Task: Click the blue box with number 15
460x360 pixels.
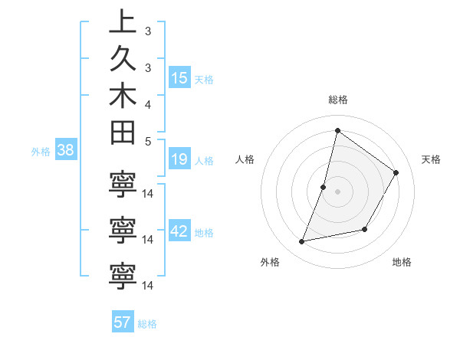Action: [x=179, y=78]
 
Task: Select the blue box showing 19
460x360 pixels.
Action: [x=179, y=159]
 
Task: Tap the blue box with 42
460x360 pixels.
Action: [x=179, y=231]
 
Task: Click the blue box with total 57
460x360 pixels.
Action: [x=123, y=322]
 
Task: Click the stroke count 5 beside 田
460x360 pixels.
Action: [x=148, y=141]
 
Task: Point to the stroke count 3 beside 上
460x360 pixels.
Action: [x=148, y=31]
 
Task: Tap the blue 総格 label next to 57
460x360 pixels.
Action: [x=147, y=324]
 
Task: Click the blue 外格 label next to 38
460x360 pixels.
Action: [x=41, y=152]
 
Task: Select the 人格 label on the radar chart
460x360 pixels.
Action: [x=245, y=159]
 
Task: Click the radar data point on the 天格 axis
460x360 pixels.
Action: [x=396, y=172]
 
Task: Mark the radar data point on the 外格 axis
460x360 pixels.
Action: [x=302, y=242]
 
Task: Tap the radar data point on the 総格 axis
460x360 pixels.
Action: [x=337, y=130]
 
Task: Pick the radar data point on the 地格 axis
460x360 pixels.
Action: [x=365, y=229]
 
